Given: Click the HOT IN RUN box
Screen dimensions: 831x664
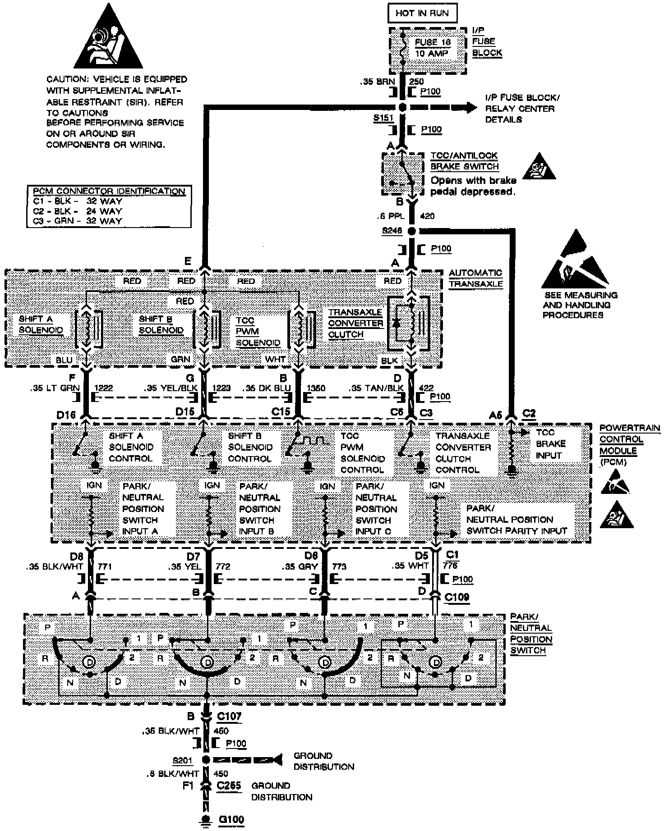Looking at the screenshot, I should coord(422,13).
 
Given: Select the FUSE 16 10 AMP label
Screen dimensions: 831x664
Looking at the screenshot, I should coord(432,47).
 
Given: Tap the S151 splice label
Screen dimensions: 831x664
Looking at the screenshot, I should coord(383,118).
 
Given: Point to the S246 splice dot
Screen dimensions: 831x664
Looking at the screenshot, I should coord(411,231).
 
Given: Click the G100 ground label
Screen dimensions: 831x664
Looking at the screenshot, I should coord(231,819).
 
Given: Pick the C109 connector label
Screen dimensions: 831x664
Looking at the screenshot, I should coord(456,597).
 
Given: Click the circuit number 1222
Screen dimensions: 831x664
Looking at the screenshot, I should coord(103,388).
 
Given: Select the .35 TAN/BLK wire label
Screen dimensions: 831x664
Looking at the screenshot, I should coord(377,388).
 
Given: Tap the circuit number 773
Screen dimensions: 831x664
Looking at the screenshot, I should coord(339,566).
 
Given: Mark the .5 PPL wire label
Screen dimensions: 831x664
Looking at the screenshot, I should coord(391,216).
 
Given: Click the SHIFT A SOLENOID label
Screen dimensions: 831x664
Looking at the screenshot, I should coord(41,324).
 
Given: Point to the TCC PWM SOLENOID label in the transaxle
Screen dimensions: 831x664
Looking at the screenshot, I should coord(258,331).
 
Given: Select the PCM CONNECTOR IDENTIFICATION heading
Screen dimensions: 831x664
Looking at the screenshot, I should coord(109,191).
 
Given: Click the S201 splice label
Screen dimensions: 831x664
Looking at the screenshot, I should coord(182,761).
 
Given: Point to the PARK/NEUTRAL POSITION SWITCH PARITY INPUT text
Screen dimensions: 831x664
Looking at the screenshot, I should coord(516,519).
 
